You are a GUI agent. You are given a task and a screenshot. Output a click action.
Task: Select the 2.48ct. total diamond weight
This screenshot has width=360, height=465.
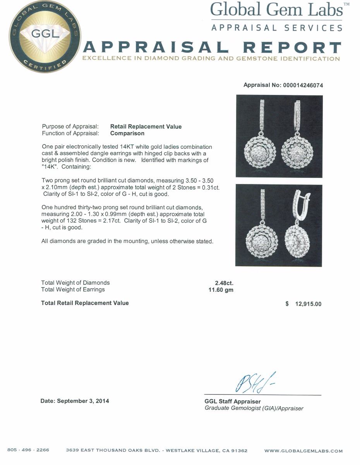coord(224,283)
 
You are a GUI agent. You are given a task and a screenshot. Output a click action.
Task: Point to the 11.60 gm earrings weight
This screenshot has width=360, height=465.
coord(221,290)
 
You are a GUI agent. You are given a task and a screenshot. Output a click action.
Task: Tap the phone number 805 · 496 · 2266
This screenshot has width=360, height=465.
coord(28,450)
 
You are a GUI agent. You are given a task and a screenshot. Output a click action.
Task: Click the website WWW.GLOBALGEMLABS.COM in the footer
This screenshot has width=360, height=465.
coord(303,451)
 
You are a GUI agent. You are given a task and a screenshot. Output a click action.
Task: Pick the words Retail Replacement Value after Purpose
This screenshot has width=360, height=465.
coord(146,127)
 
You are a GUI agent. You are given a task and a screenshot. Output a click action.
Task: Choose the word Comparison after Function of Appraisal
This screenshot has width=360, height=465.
coord(127,133)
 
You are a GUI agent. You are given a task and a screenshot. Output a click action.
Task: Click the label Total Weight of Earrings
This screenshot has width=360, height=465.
coord(73,289)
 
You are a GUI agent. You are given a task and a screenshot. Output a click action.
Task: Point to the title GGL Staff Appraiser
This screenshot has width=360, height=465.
coord(232,401)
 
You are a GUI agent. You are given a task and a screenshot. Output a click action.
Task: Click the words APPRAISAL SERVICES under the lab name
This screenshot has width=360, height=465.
coord(277,28)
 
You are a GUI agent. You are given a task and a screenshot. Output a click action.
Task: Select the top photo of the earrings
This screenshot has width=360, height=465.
coord(279,136)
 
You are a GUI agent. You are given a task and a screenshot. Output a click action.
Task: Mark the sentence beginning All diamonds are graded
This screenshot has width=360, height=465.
coord(127,241)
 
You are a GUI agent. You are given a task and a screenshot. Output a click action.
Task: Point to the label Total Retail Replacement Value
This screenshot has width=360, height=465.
coord(85,303)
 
